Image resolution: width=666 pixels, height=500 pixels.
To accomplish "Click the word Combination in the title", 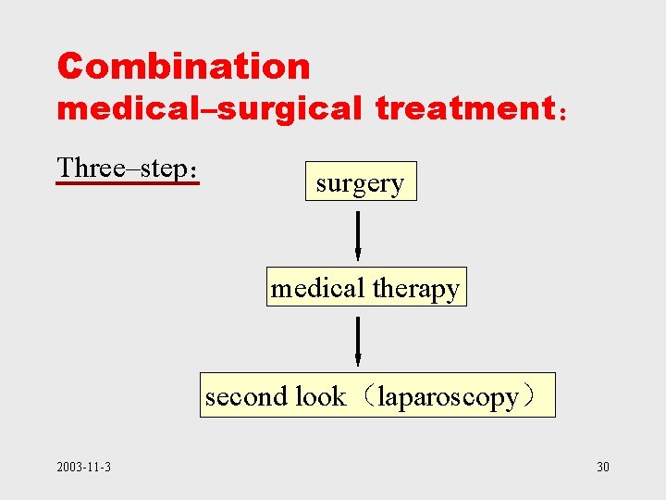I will point(183,67).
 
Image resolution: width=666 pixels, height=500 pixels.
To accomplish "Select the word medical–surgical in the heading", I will point(209,109).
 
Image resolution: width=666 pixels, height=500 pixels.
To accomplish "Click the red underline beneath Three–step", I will point(128,183).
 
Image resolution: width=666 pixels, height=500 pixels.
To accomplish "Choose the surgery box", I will point(361,182).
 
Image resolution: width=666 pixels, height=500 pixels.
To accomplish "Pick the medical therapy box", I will point(365,288).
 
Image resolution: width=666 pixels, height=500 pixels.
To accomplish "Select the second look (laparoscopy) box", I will point(377,396).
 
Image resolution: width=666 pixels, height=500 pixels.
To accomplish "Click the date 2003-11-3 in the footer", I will point(83,467).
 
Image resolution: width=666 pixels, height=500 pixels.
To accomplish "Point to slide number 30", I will point(603,467).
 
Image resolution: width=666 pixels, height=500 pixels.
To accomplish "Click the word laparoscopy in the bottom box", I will point(449,397).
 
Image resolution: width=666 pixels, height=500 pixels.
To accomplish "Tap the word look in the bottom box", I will point(320,397).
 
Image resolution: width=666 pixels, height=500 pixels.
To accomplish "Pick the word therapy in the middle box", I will point(415,289).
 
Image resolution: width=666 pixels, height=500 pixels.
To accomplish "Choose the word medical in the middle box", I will point(318,289).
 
